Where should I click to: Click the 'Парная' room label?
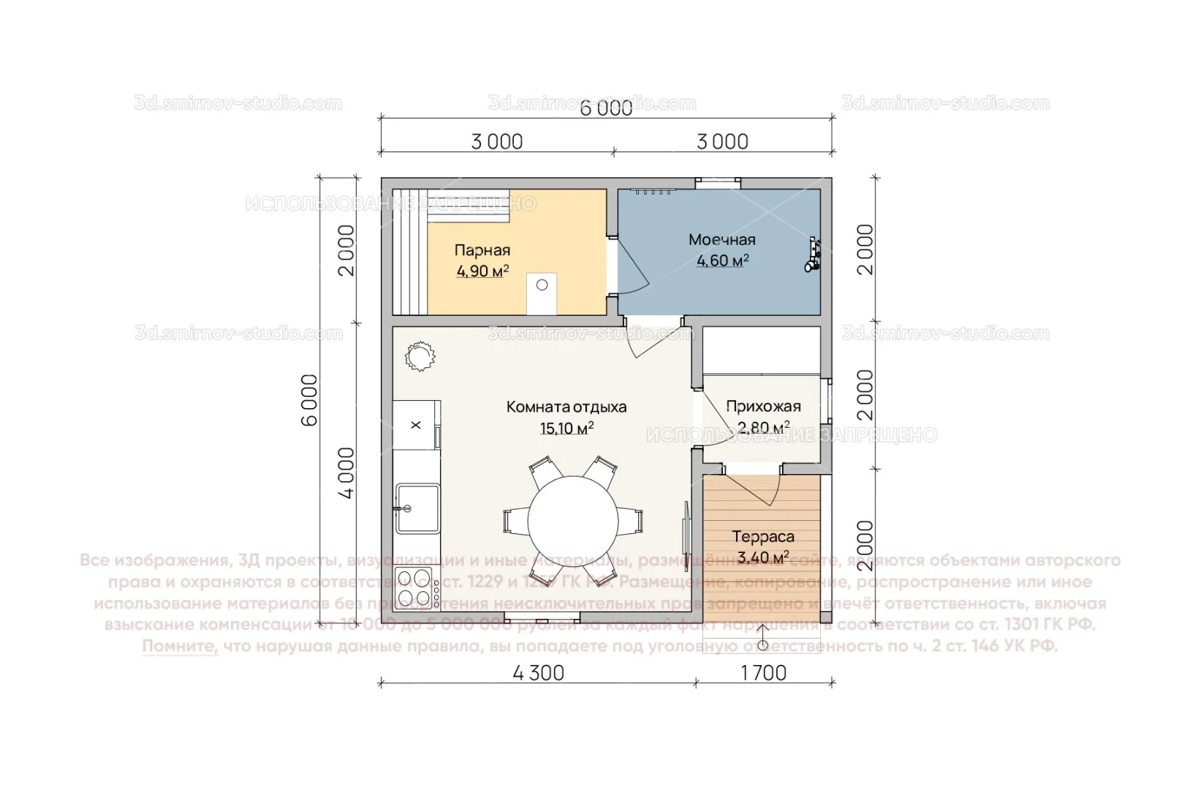click(x=482, y=250)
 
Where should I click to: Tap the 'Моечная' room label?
click(x=721, y=239)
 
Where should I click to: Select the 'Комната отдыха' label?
click(x=566, y=407)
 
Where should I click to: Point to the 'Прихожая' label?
click(x=763, y=406)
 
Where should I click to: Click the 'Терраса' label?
click(x=763, y=536)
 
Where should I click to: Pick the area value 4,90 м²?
click(x=482, y=271)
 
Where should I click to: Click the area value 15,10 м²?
click(x=566, y=428)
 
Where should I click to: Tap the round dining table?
click(x=573, y=522)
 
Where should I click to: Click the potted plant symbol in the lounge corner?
click(x=420, y=357)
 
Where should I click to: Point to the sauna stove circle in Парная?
click(x=542, y=285)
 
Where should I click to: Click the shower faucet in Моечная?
click(x=813, y=255)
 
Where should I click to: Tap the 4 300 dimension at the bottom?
click(x=539, y=673)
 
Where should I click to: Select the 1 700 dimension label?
click(x=763, y=673)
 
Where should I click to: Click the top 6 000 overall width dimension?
click(x=606, y=109)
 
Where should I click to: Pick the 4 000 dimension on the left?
click(x=346, y=473)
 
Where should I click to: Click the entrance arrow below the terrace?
click(x=762, y=637)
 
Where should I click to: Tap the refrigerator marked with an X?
click(x=415, y=425)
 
